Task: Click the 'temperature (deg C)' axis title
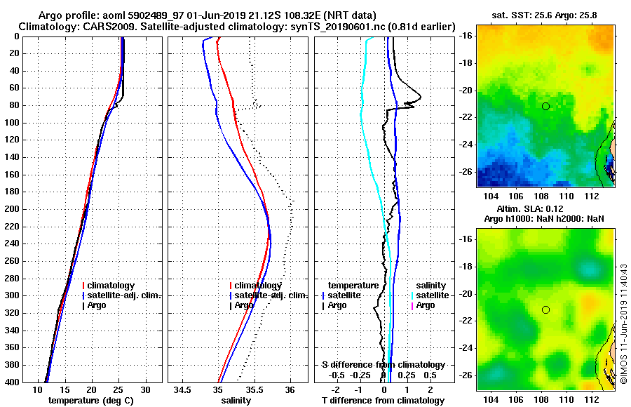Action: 90,401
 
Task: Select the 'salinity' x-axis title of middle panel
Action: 236,401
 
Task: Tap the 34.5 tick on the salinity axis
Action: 184,389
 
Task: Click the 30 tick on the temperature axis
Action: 145,389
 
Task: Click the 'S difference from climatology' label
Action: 384,365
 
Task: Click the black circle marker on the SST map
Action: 545,106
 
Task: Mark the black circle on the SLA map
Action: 545,309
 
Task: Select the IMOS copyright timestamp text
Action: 623,323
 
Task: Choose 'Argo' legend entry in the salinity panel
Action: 244,305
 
